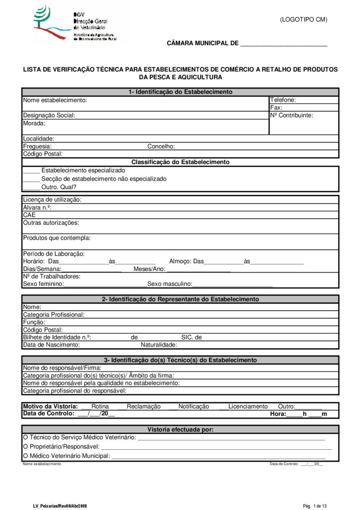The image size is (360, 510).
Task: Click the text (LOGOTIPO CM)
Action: [303, 20]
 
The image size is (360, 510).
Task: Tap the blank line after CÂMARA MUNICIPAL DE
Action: [283, 44]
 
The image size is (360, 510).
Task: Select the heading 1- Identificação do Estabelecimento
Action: [180, 92]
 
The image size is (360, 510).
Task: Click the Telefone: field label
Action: [283, 100]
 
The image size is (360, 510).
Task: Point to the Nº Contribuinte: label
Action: [292, 115]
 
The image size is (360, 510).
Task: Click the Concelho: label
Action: [161, 146]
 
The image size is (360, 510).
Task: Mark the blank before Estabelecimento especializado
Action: [31, 171]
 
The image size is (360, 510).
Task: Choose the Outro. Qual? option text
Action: [59, 187]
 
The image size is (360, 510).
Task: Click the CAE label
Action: [29, 215]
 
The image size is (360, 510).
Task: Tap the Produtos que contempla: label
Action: [57, 238]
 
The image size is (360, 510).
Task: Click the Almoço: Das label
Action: [187, 261]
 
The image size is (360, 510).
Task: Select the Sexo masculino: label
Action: [170, 284]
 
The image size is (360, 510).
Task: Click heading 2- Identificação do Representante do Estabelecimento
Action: [180, 299]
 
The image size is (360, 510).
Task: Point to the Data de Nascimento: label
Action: [51, 345]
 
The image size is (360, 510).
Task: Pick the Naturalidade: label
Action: [159, 345]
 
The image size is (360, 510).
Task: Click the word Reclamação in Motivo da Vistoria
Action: [144, 406]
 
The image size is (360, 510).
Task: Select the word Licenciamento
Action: [248, 406]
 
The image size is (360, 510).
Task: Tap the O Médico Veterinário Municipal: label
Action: [67, 456]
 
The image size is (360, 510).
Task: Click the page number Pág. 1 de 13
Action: [315, 506]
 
